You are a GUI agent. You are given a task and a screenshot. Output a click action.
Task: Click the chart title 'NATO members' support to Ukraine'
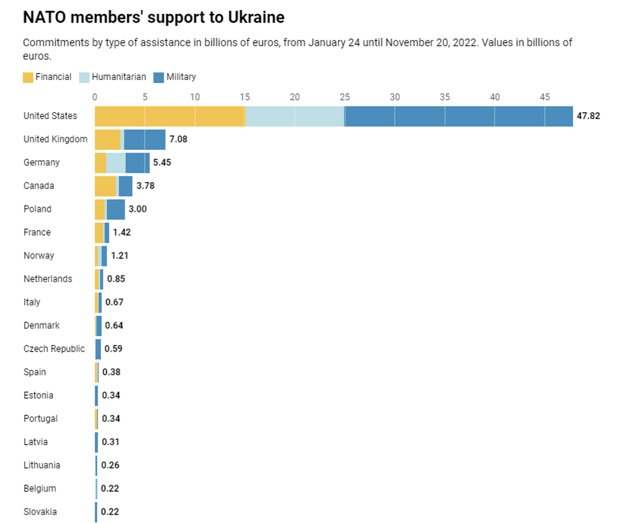tap(153, 17)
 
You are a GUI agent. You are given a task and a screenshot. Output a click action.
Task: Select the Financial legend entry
tap(47, 77)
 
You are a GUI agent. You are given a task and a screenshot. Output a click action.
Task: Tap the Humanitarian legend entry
tap(113, 77)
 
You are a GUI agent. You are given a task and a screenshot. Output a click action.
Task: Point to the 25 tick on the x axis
tap(344, 97)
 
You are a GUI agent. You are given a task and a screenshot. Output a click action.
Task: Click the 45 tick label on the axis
tap(545, 97)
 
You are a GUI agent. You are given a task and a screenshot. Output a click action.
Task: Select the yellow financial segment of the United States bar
tap(169, 116)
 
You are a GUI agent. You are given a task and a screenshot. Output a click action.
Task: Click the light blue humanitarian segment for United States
tap(295, 116)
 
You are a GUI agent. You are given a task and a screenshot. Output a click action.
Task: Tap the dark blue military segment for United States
tap(458, 116)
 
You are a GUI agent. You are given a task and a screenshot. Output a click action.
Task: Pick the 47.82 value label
tap(588, 116)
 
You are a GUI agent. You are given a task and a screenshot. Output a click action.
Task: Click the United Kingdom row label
tap(55, 139)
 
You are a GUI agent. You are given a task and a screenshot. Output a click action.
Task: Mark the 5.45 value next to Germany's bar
tap(162, 163)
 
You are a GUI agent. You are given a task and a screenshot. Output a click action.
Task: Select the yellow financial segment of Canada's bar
tap(105, 186)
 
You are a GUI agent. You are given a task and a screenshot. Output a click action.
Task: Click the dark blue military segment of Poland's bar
tap(116, 209)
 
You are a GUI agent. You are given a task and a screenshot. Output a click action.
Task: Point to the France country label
tap(37, 233)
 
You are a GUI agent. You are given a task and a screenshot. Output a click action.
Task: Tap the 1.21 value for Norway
tap(120, 256)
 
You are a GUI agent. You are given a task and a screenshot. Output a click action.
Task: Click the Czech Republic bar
tap(98, 349)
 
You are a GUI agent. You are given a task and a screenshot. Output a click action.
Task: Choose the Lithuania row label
tap(42, 466)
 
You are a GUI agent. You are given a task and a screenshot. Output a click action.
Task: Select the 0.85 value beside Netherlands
tap(116, 279)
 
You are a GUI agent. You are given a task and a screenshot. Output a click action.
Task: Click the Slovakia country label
tap(40, 512)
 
